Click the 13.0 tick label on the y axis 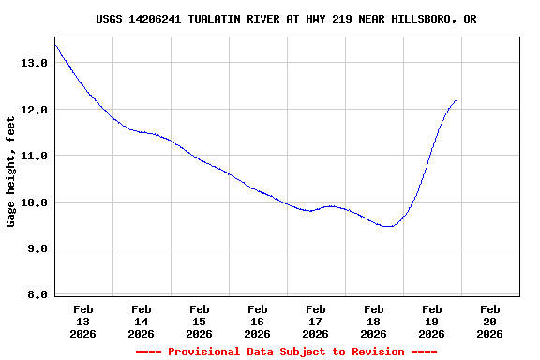[x=34, y=63]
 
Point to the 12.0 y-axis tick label [x=34, y=110]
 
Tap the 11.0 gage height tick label [x=34, y=156]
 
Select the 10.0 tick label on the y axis [x=34, y=202]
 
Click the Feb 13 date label [x=82, y=321]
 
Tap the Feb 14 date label [x=141, y=321]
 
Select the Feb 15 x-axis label [x=199, y=321]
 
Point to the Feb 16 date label [x=257, y=321]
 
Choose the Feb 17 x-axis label [x=315, y=321]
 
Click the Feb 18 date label [x=373, y=321]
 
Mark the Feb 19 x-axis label [x=431, y=321]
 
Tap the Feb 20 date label [x=489, y=321]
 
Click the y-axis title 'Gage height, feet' [x=11, y=170]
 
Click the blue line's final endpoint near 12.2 [x=456, y=100]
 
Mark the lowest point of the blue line [x=388, y=226]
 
